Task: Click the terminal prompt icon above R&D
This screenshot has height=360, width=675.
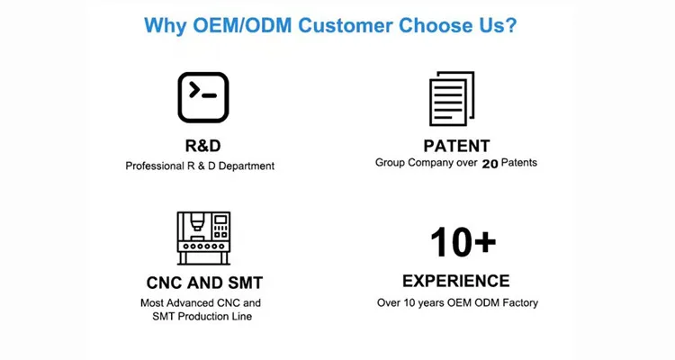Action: [202, 96]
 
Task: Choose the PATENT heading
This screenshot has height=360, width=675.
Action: [456, 146]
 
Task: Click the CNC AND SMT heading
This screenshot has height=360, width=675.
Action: [204, 283]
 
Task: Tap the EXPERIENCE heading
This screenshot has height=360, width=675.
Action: [455, 281]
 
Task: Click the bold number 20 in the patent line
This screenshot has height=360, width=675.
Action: [490, 164]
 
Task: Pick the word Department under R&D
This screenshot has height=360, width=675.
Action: [244, 166]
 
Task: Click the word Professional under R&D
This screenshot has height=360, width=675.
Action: [154, 166]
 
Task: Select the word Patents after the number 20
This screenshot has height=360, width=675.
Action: [519, 164]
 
